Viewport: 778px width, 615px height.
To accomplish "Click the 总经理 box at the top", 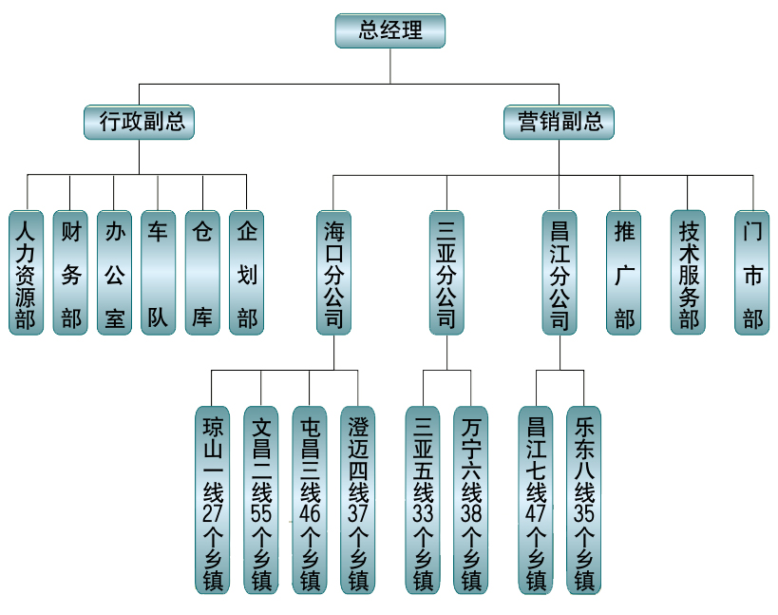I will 390,30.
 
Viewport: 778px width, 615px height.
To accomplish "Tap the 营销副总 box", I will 560,122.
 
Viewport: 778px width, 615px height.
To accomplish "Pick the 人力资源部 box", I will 27,272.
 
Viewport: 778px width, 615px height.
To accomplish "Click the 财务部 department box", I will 70,272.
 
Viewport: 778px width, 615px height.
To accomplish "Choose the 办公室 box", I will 114,272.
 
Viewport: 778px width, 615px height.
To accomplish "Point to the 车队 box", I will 158,272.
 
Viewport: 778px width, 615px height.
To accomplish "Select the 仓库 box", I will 201,272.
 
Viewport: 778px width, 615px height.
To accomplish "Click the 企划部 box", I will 246,272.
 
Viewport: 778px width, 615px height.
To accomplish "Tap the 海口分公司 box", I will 333,272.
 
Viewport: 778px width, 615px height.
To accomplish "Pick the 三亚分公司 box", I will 446,272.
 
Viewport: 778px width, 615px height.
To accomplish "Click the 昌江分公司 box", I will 560,272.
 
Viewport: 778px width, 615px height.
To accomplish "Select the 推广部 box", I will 624,272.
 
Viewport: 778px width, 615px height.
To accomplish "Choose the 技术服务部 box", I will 689,272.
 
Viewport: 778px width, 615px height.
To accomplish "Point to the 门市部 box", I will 752,272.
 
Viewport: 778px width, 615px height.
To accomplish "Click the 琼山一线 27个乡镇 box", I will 213,500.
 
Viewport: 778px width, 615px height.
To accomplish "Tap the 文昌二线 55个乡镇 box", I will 261,500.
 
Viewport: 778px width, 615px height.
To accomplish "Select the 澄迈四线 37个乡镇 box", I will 358,500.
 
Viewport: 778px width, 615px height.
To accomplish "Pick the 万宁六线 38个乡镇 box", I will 471,500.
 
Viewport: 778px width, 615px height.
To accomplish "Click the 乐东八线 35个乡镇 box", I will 584,500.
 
